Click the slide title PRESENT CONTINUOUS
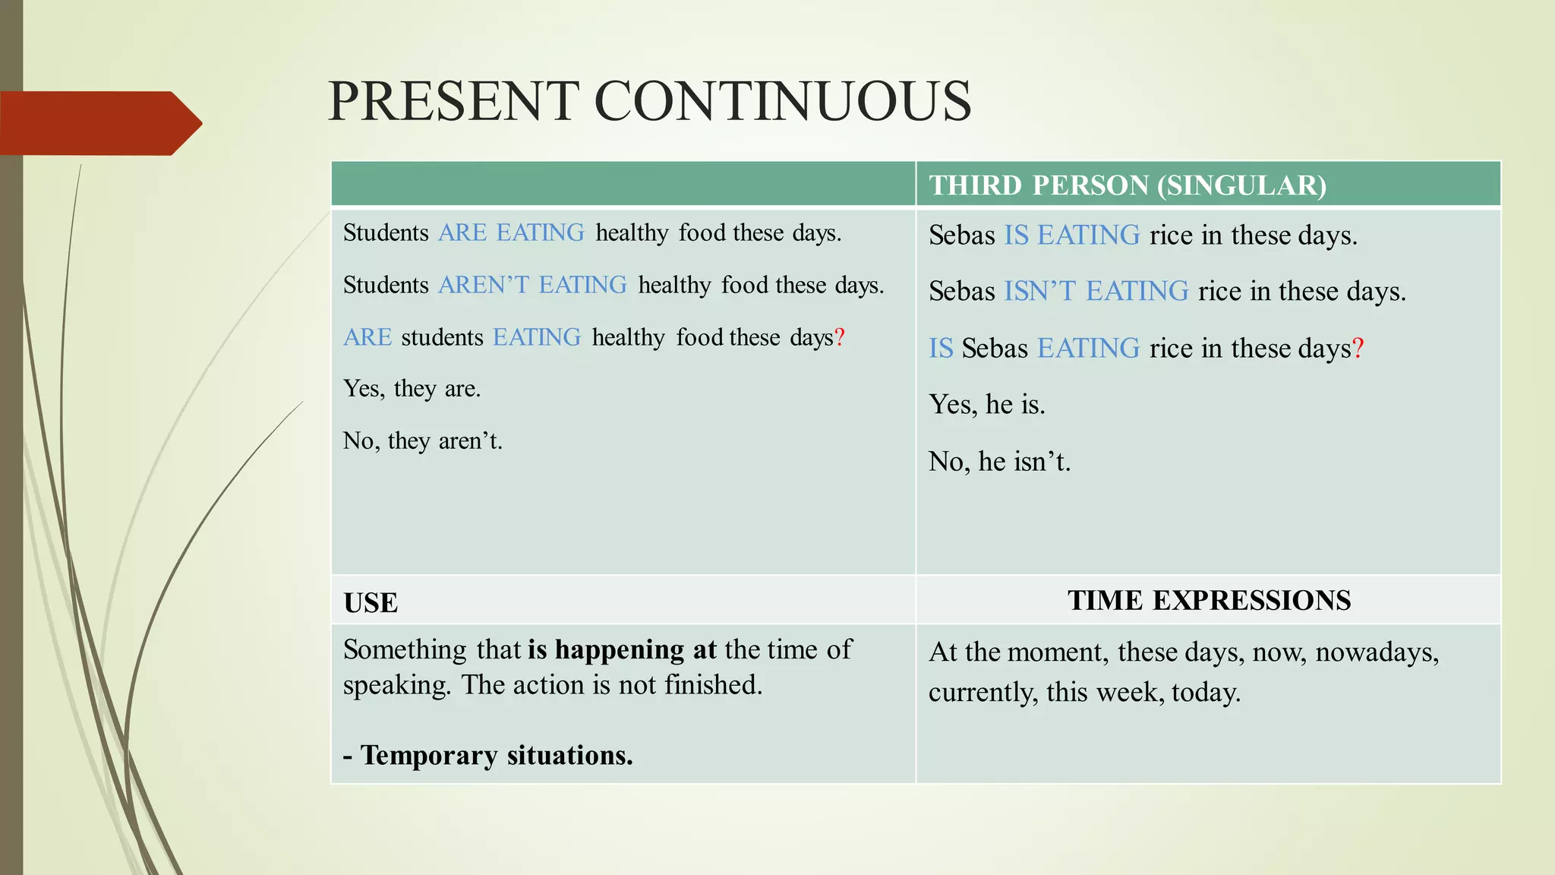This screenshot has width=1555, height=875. click(649, 101)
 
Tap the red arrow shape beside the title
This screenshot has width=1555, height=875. click(99, 123)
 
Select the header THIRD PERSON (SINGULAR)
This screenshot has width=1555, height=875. click(1128, 185)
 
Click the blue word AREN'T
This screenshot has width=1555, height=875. click(484, 285)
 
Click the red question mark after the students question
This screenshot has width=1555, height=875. click(839, 337)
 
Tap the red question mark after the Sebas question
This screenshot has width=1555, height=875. click(1358, 349)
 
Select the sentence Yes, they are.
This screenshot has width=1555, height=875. click(412, 389)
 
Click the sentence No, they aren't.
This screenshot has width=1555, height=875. click(422, 441)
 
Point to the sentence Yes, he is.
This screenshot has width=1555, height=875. click(986, 405)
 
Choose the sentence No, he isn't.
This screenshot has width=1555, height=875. click(999, 462)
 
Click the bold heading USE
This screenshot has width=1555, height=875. click(371, 603)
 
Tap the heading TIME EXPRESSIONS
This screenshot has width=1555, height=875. click(1209, 601)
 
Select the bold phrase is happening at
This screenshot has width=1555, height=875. click(622, 650)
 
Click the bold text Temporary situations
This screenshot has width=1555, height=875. click(496, 756)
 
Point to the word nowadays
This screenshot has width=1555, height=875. click(1377, 652)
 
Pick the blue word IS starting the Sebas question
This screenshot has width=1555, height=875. click(941, 349)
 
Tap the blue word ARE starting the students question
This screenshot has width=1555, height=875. click(367, 337)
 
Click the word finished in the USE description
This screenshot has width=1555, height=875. click(712, 685)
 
